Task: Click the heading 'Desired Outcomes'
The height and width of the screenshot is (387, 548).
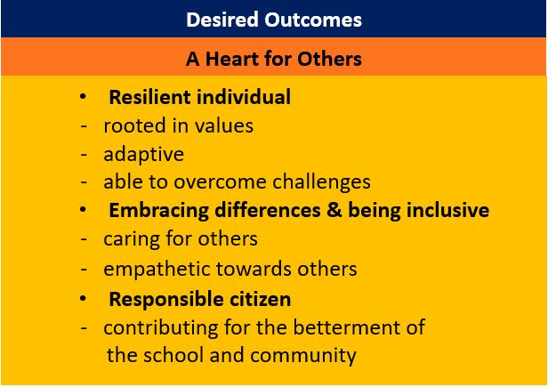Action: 273,19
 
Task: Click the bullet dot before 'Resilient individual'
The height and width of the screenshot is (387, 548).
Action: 84,96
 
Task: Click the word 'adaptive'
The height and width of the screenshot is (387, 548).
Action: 143,154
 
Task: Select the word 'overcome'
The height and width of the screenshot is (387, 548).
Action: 212,182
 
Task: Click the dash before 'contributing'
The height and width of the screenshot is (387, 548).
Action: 84,327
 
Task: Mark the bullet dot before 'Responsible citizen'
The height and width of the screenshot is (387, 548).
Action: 84,297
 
